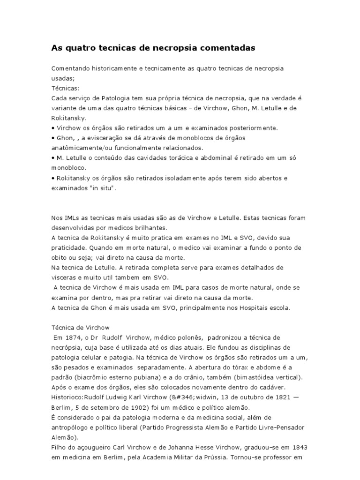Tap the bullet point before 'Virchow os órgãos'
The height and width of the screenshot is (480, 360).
pyautogui.click(x=52, y=127)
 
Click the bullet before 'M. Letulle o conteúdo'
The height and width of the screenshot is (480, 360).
pyautogui.click(x=52, y=157)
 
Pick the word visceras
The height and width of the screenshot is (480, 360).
pyautogui.click(x=63, y=277)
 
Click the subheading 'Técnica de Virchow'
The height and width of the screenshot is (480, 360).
pyautogui.click(x=80, y=328)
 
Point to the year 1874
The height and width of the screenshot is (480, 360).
pyautogui.click(x=71, y=337)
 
